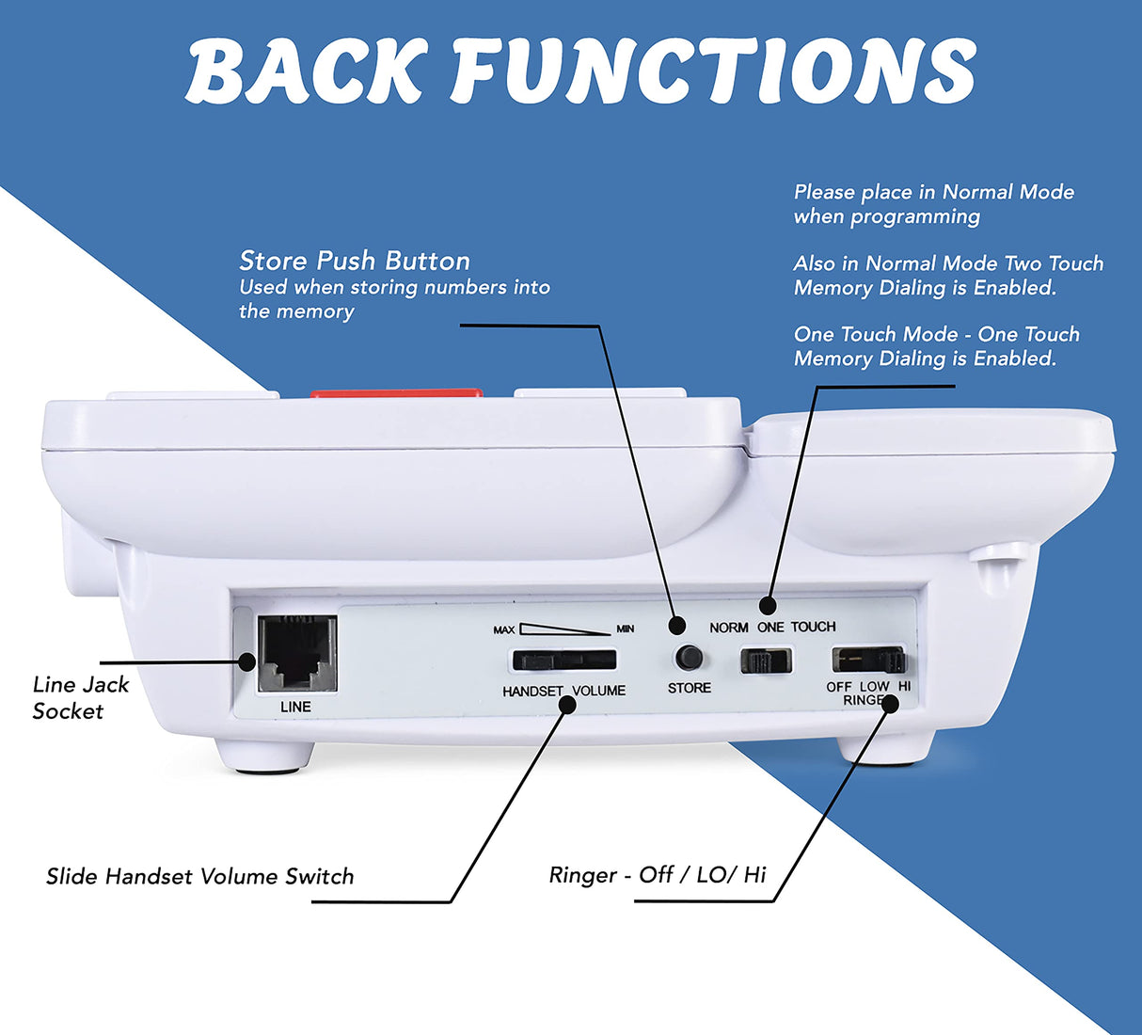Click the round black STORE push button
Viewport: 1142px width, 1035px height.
690,656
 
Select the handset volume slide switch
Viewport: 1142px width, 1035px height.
563,660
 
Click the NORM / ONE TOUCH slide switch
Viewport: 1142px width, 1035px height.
766,661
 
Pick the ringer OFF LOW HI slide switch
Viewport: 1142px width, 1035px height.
867,659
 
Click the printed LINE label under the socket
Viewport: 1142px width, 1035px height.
295,707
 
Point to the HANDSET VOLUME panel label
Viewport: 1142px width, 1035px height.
563,691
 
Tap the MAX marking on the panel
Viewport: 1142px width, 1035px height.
504,629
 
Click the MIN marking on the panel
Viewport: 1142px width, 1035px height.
625,629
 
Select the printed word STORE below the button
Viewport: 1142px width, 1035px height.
690,688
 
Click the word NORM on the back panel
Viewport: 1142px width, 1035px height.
729,628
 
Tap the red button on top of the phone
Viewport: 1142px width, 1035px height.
396,394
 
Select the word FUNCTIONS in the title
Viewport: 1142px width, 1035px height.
714,72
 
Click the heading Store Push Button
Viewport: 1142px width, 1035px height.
355,261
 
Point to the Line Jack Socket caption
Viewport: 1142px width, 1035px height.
81,697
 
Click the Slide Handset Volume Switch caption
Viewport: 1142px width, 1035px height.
200,877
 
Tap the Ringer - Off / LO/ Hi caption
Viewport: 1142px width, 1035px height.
658,875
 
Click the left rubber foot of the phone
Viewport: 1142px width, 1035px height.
263,756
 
